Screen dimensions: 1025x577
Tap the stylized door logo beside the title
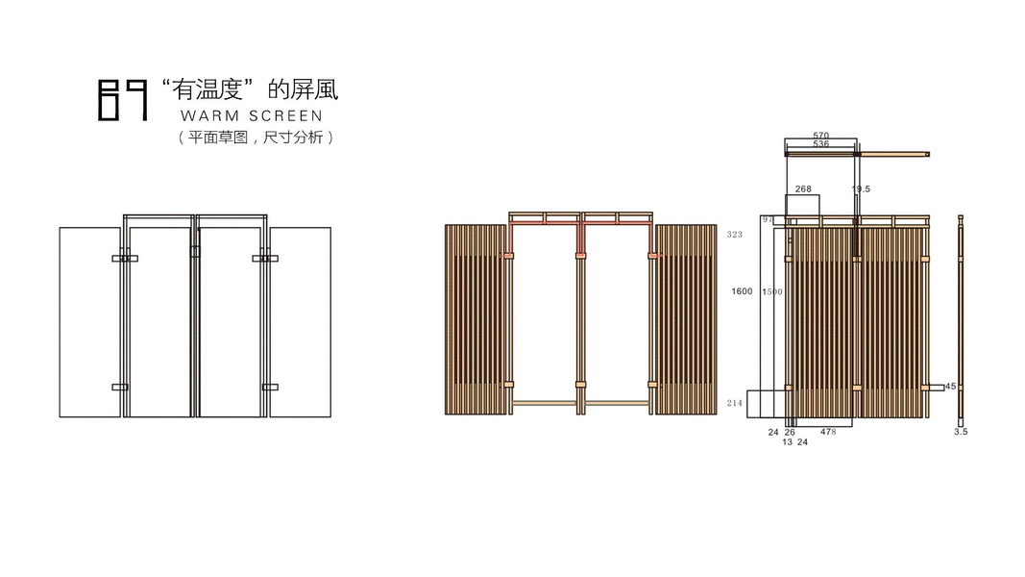tap(123, 101)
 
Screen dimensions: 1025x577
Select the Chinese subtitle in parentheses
tap(255, 138)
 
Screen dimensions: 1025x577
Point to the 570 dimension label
tap(820, 136)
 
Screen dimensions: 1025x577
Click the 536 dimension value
tap(820, 144)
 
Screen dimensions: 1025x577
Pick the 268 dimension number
tap(802, 189)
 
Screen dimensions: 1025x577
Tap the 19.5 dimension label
tap(861, 189)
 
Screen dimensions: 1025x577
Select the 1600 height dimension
tap(742, 291)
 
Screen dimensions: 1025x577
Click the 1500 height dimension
tap(771, 291)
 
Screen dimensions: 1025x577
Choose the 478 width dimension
tap(827, 432)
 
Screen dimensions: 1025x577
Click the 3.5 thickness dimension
tap(961, 432)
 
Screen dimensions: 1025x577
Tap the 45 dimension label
tap(951, 387)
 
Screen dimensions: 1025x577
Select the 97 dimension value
tap(768, 220)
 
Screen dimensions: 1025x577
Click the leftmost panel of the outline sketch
tap(89, 322)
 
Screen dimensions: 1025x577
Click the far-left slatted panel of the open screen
tap(476, 319)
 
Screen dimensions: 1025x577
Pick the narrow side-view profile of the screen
tap(960, 317)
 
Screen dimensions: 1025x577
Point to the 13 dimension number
tap(788, 442)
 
